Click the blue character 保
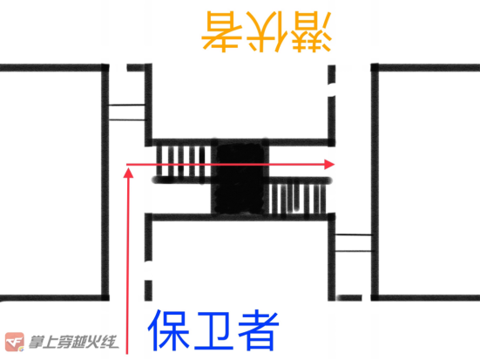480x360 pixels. point(169,330)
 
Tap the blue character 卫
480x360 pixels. point(213,330)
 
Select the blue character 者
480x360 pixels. point(259,330)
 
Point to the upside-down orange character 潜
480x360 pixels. point(310,31)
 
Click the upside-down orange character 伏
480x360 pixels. point(267,31)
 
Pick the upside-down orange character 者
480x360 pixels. point(222,31)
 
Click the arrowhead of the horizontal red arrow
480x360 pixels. point(329,164)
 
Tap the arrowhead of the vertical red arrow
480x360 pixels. point(129,173)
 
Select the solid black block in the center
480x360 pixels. point(240,179)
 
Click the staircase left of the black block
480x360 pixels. point(183,161)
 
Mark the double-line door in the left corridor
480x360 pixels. point(126,112)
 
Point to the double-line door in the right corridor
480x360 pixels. point(354,243)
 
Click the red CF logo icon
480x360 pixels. point(15,342)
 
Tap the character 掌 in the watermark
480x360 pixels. point(37,343)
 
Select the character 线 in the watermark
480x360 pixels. point(110,343)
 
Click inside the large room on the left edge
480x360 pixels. point(51,183)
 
